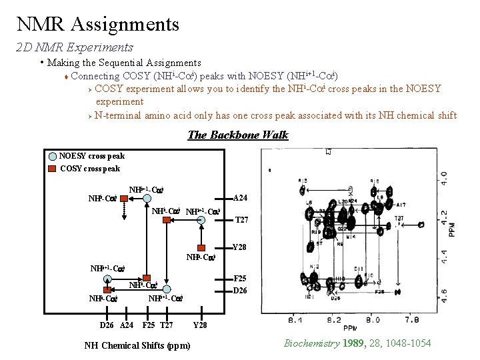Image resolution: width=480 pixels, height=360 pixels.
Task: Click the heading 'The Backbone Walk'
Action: (238, 135)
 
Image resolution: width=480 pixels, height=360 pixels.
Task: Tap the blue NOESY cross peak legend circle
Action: (53, 157)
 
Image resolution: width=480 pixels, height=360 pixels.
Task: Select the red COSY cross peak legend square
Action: (53, 169)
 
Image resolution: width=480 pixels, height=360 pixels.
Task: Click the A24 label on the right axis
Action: (241, 198)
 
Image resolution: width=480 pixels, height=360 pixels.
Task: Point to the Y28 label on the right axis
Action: (240, 247)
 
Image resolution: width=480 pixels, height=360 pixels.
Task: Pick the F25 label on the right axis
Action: (239, 279)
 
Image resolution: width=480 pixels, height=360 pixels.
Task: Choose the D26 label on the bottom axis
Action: (107, 325)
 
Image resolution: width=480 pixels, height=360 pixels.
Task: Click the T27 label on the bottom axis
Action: (166, 325)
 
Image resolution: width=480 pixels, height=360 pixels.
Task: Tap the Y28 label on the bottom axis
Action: (200, 325)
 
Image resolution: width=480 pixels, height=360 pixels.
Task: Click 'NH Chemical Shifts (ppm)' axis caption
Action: (137, 345)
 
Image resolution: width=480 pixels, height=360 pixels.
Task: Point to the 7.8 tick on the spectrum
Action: (413, 321)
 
